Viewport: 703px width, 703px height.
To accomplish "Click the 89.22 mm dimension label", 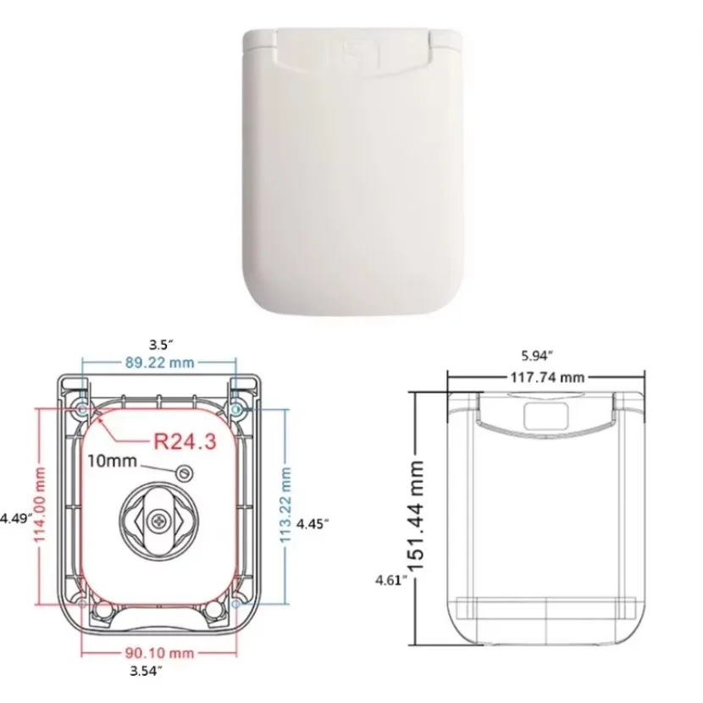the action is coord(159,363).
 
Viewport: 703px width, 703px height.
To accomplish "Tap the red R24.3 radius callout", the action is coord(185,441).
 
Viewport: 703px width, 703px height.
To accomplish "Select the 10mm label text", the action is coord(112,461).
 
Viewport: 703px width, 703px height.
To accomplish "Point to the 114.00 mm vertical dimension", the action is coord(40,504).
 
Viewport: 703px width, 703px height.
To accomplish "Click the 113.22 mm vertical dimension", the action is coord(285,505).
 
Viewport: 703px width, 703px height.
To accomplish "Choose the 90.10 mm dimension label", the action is coord(159,653).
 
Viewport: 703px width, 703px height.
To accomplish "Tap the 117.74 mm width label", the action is coord(547,378).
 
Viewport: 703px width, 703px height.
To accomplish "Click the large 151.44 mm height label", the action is coord(416,516).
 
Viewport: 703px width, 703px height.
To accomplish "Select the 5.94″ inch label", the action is coord(537,356).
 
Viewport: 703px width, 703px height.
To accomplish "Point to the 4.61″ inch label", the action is coord(391,580).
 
